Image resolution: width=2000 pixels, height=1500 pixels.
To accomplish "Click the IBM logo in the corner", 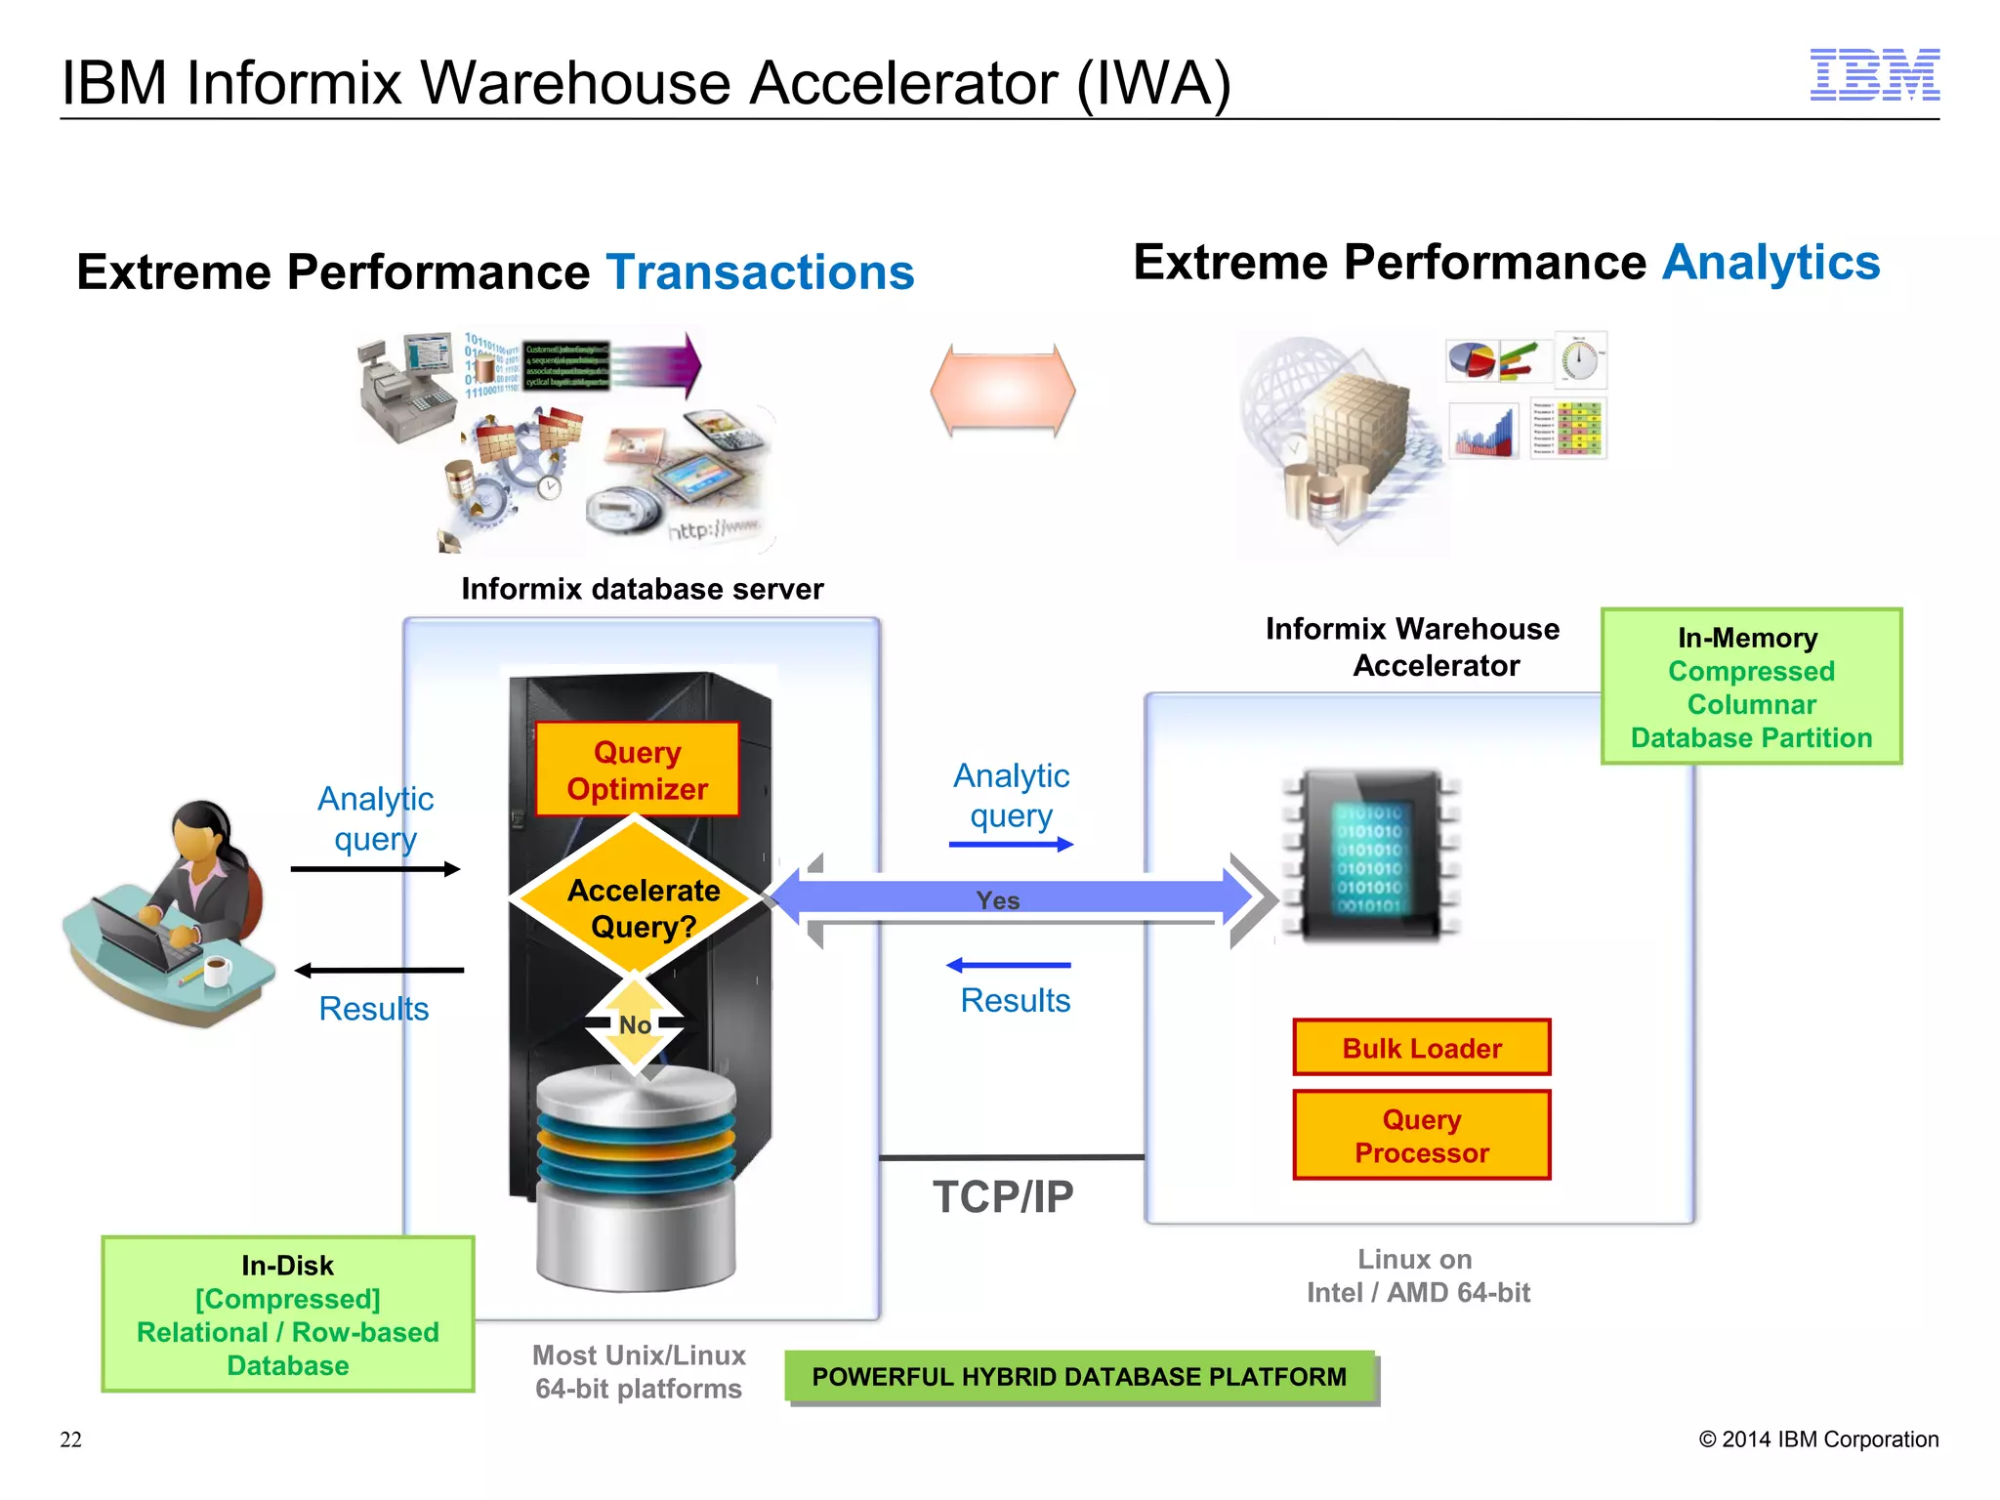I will coord(1874,75).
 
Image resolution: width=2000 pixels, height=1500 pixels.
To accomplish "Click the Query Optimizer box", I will coord(637,770).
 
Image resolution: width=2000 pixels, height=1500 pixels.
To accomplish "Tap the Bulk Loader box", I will coord(1421,1048).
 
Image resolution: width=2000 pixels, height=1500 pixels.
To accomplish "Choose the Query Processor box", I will coord(1421,1136).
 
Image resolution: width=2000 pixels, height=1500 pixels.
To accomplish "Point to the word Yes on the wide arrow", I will coord(998,900).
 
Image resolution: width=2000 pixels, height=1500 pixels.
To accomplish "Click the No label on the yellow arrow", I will coord(635,1025).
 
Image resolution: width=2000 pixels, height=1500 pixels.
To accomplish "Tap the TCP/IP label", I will coord(1003,1197).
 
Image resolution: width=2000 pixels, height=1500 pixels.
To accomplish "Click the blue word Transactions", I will coord(760,272).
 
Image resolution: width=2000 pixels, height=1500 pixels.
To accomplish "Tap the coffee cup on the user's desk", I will coord(216,971).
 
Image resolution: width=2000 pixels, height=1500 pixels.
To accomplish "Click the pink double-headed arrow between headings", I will coord(1003,391).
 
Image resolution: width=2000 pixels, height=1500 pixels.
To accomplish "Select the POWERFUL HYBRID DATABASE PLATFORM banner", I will coord(1079,1377).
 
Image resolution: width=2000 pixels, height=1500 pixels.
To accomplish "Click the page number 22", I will coord(71,1439).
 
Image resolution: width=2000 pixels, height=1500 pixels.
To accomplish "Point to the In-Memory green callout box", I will coord(1751,687).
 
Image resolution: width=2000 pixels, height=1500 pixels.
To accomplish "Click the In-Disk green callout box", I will coord(288,1314).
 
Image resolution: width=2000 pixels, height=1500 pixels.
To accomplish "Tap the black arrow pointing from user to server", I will coord(375,869).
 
